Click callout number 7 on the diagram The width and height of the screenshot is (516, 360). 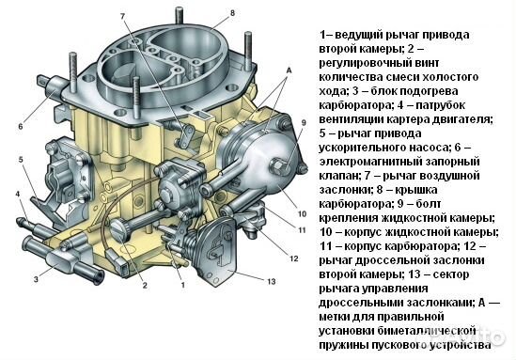[123, 16]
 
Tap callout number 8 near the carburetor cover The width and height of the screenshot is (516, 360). [233, 13]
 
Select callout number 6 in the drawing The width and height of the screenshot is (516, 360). [21, 126]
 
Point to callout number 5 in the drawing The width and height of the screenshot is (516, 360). [21, 160]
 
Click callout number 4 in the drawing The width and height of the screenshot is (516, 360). [18, 194]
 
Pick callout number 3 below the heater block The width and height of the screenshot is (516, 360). [37, 279]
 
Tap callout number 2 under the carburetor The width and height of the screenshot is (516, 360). [145, 286]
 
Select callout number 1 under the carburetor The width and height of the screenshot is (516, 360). [183, 285]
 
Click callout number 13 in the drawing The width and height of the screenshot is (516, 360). [272, 282]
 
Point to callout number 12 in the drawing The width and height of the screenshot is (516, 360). [294, 258]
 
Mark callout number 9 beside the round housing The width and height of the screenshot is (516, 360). [304, 123]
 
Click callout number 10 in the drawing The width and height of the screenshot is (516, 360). [302, 214]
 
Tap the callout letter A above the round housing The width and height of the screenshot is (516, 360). [289, 70]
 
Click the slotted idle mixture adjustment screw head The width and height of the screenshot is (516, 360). [118, 229]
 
